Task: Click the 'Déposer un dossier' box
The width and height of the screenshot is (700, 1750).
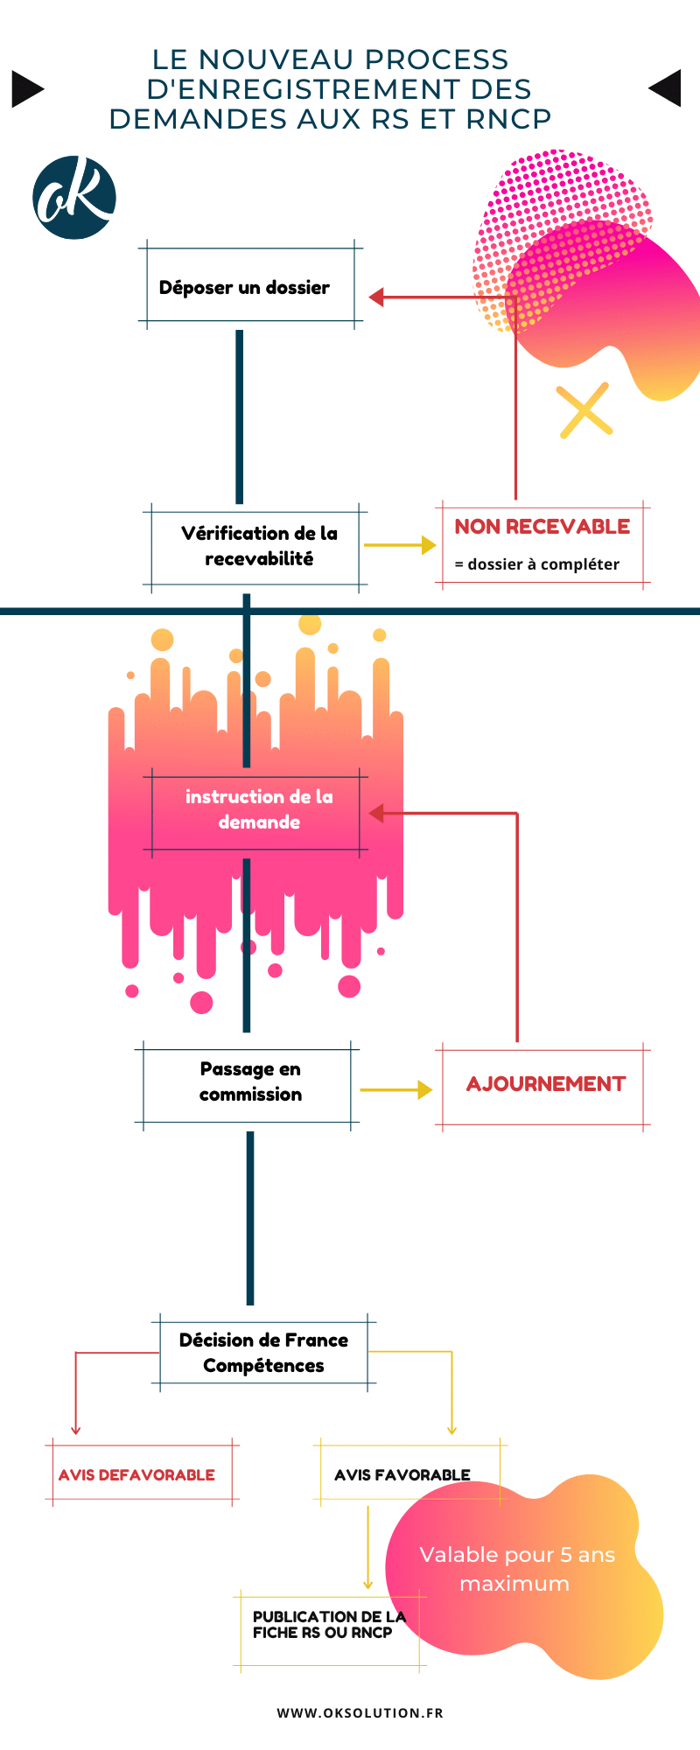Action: [244, 287]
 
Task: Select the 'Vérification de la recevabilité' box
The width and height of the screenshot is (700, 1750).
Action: [259, 546]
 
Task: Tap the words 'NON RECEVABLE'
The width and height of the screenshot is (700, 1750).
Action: [542, 527]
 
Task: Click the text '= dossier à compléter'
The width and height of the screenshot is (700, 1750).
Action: [536, 564]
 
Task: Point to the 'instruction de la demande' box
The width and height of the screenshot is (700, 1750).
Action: [259, 809]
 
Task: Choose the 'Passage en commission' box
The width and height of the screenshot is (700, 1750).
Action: [250, 1081]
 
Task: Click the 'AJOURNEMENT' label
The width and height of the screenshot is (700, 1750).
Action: [545, 1084]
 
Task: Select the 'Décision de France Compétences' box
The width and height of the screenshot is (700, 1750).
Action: [263, 1353]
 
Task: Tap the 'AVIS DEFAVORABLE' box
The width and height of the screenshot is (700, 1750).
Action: [136, 1474]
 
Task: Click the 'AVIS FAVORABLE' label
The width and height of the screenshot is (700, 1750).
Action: [402, 1474]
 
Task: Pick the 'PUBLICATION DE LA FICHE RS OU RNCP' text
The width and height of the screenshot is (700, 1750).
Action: [328, 1624]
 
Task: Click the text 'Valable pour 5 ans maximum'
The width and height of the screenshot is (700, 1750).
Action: [516, 1569]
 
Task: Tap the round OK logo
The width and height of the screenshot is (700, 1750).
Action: [74, 198]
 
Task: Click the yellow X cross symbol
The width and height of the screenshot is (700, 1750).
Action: [584, 409]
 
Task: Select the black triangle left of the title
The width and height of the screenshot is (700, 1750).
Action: [26, 88]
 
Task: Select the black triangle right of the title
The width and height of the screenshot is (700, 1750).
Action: [666, 87]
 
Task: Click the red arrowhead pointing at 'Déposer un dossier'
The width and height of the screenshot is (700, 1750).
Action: [377, 297]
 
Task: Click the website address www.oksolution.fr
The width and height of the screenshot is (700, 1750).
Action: [360, 1712]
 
